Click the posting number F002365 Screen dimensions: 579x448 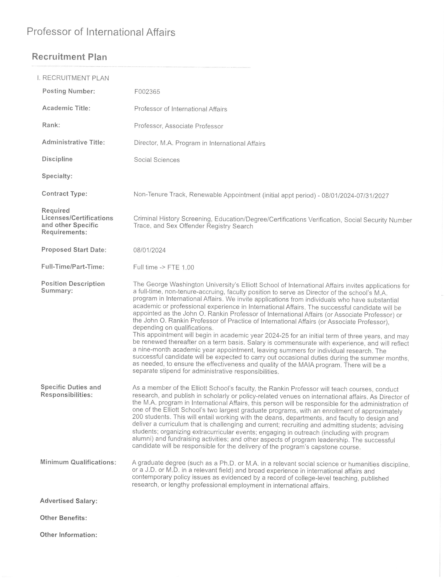point(147,92)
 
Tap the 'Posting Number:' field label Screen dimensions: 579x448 point(69,91)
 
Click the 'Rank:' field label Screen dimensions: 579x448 point(51,125)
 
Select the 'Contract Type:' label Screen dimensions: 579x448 point(64,194)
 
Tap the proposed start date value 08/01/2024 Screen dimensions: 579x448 point(150,250)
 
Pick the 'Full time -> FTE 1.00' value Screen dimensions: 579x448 point(164,267)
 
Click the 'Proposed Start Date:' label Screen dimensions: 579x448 point(74,250)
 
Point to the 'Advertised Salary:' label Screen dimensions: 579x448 point(69,501)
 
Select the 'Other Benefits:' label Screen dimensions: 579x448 point(63,518)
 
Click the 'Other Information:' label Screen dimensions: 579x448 point(69,535)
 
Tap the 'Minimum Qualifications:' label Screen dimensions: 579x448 point(78,462)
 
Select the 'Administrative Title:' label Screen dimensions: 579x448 point(73,142)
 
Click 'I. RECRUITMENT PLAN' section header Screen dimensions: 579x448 point(73,78)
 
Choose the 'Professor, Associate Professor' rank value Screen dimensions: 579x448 point(178,126)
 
